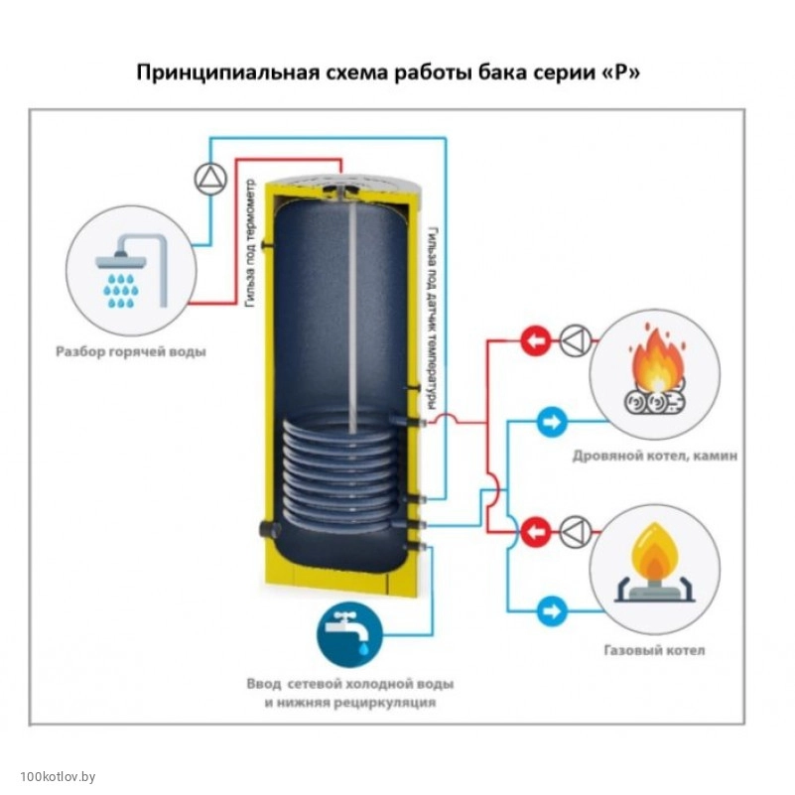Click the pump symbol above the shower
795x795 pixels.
tap(211, 177)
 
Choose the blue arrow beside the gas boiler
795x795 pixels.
tap(552, 610)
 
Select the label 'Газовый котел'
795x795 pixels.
tap(654, 651)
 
